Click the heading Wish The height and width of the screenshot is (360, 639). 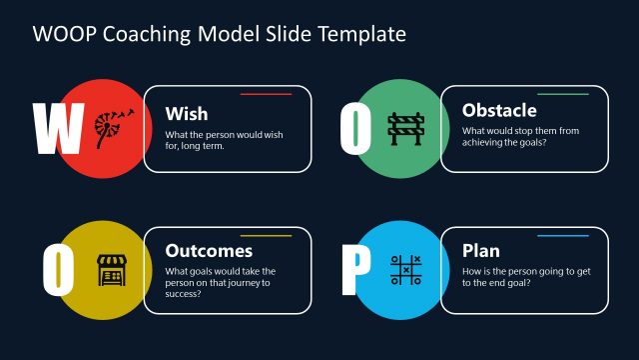coord(187,113)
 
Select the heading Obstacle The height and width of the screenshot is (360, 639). coord(499,110)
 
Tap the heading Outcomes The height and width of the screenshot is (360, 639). coord(209,251)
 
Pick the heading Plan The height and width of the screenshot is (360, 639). coord(481,250)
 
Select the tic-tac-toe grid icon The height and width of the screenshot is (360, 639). coord(407,269)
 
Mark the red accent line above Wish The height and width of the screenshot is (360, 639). coord(266,94)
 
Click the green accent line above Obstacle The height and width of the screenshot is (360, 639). coord(563,94)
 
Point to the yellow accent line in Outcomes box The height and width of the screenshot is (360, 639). coord(266,236)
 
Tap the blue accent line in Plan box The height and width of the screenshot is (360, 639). coord(563,236)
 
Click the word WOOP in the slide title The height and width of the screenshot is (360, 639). coord(63,34)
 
